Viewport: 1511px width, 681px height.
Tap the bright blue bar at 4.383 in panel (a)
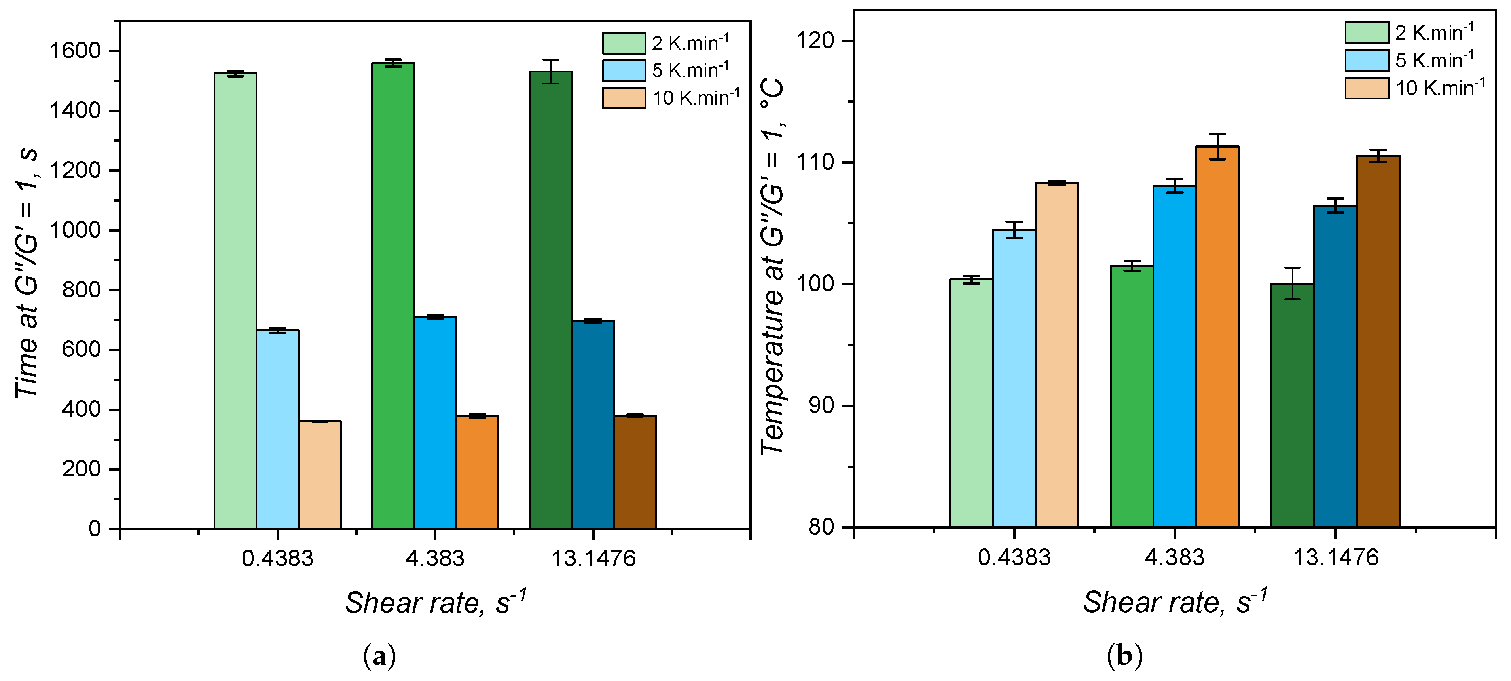coord(435,422)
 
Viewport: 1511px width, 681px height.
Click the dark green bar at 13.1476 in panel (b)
coord(1292,405)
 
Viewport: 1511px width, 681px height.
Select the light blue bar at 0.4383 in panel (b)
coord(1013,378)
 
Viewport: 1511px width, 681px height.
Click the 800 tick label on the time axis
coord(82,290)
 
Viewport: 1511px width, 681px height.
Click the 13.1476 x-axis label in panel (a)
coord(593,559)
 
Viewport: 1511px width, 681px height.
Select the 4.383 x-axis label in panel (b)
coord(1175,557)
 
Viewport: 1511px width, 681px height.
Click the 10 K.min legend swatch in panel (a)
coord(624,98)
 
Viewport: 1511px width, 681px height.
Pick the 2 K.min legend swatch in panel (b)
coord(1367,32)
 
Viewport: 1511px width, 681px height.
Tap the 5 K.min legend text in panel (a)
coord(690,70)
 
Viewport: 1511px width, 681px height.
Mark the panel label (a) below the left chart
coord(379,656)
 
